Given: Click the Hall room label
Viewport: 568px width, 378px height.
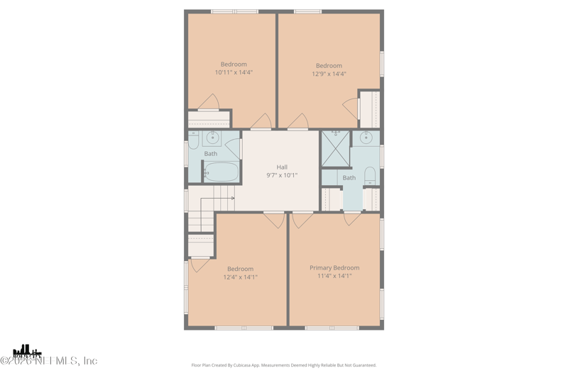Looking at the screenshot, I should (282, 167).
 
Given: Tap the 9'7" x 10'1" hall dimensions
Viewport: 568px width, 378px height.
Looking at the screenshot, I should (282, 175).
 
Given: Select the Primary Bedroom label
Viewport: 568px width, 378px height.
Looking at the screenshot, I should (334, 268).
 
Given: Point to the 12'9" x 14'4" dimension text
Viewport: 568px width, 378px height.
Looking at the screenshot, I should (329, 74).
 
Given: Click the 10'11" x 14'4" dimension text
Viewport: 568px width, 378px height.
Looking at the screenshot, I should (234, 72).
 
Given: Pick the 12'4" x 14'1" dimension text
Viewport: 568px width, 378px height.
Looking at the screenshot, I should (240, 277).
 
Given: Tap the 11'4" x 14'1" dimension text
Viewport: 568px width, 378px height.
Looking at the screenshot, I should (334, 276).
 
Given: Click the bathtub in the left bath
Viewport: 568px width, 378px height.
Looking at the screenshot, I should (222, 172).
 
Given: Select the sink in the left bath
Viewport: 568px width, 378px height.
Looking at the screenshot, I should (212, 138).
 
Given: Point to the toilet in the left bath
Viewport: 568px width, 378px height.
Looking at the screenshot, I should (192, 140).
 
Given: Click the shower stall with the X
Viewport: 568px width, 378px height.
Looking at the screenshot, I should (335, 148).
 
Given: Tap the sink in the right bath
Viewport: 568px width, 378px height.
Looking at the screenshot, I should (366, 137).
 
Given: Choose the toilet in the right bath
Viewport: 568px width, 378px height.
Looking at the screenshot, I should (369, 176).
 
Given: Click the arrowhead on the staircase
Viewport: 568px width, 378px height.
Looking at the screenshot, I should (232, 199).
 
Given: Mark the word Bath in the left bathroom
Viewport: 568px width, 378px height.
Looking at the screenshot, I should (211, 154).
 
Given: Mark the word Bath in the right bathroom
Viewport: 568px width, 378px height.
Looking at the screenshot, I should (349, 178).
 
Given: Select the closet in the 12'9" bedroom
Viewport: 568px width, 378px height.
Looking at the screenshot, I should (369, 109).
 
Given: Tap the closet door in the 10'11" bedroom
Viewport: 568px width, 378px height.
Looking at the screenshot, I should (209, 104).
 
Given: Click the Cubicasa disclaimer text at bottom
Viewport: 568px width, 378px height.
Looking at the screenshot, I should (284, 365).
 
